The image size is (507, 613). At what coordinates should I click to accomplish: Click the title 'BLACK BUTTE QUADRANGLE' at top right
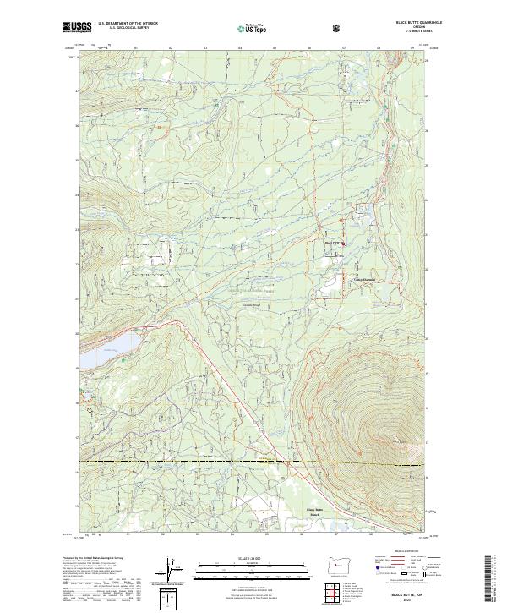pyautogui.click(x=409, y=22)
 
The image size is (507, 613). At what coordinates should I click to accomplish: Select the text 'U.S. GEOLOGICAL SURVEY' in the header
pyautogui.click(x=127, y=28)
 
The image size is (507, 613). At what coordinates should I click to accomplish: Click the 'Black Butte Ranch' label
pyautogui.click(x=314, y=512)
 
